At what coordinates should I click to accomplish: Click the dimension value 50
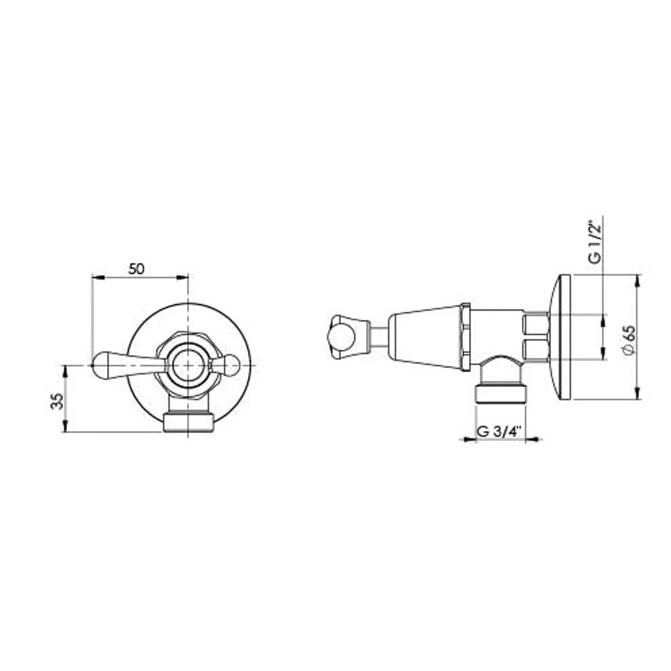point(136,269)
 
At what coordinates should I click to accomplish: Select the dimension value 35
point(58,401)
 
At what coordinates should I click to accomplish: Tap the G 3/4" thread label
point(498,432)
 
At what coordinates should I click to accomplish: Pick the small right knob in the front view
point(230,365)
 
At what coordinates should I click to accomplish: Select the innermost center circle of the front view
point(188,365)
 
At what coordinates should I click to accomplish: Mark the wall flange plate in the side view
point(563,337)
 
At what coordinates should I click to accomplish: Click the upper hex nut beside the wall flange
point(536,324)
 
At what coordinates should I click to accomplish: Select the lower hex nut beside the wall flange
point(536,350)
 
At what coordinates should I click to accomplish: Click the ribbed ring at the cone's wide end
point(465,337)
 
